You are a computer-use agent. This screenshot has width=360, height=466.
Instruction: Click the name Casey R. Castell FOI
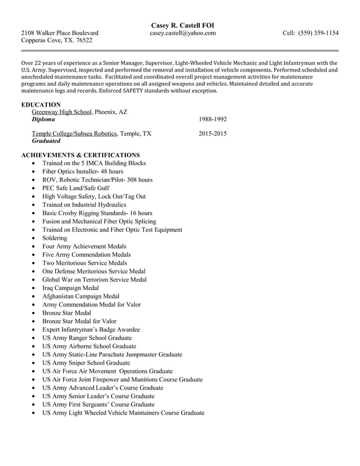click(182, 25)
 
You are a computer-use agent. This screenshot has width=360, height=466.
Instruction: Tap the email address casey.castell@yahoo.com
click(182, 33)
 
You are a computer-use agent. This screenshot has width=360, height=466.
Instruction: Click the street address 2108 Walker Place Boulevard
click(60, 33)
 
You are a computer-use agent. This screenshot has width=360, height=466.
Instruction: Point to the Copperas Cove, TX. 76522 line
click(56, 41)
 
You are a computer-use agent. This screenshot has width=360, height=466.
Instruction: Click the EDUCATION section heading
click(41, 104)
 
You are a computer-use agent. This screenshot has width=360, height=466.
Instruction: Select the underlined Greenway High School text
click(62, 112)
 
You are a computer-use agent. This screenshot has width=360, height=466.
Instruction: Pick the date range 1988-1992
click(213, 120)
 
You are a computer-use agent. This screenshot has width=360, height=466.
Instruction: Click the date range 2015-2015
click(213, 134)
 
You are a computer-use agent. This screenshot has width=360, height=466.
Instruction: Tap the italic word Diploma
click(43, 120)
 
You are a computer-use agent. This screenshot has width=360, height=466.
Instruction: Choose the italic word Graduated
click(46, 142)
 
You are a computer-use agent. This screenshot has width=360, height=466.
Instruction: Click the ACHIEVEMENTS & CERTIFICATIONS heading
click(80, 155)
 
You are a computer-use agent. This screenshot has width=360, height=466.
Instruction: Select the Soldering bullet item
click(54, 238)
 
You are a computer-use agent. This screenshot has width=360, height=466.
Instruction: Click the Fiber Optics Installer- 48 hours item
click(82, 172)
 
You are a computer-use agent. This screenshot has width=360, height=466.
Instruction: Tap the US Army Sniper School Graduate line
click(86, 363)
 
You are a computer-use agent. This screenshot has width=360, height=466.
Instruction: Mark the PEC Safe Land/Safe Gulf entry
click(76, 188)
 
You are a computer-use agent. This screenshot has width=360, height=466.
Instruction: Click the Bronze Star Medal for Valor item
click(79, 321)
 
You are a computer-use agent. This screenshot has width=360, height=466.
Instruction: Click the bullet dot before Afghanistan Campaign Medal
click(34, 296)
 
